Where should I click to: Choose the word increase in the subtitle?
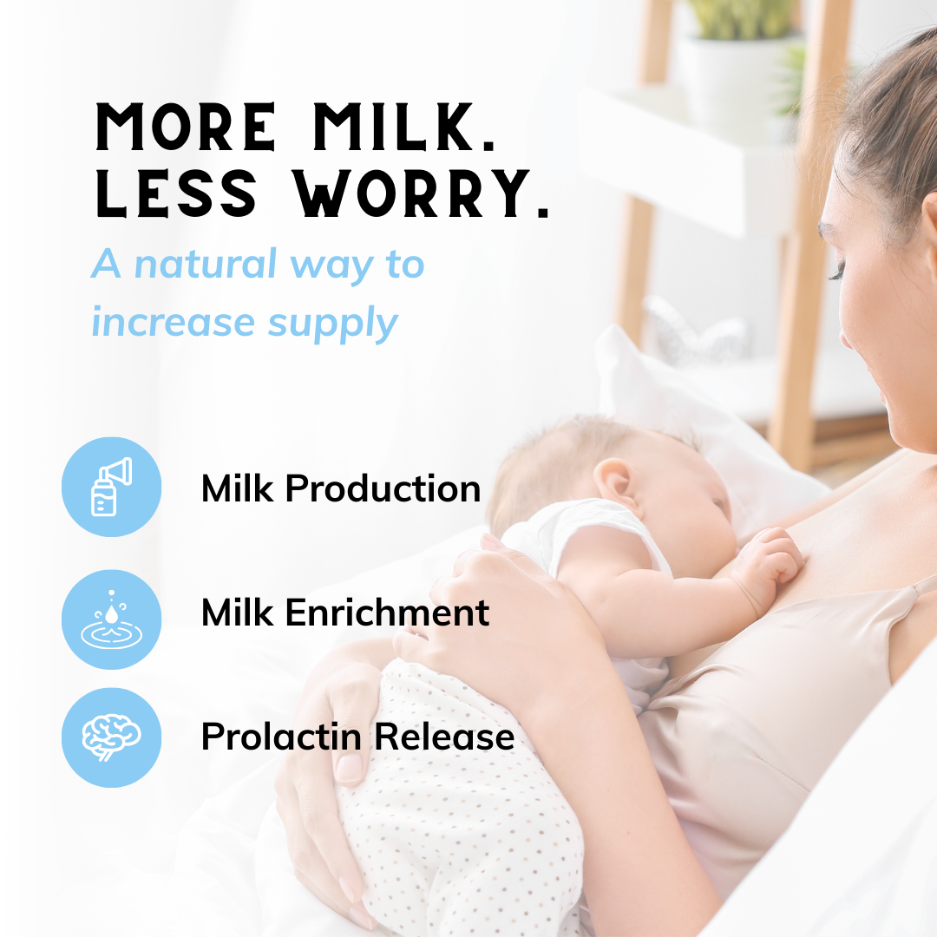[x=174, y=323]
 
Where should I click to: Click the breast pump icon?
[x=111, y=487]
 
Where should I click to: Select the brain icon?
[x=111, y=737]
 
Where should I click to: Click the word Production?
[x=383, y=488]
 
